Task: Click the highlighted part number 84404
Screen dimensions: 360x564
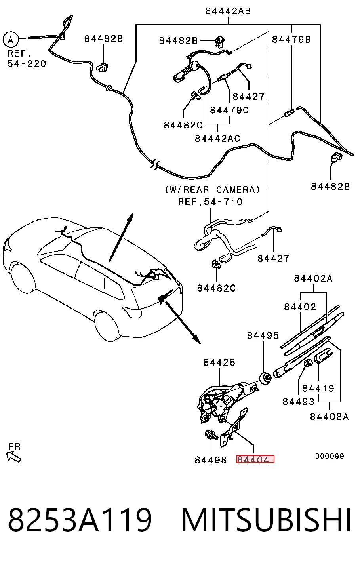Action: coord(255,459)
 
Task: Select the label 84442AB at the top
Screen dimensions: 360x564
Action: coord(228,11)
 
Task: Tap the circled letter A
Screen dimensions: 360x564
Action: coord(11,40)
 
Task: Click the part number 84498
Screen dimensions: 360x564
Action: coord(211,460)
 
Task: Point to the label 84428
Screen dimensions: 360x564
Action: coord(219,362)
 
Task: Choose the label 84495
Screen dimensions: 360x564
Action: coord(263,335)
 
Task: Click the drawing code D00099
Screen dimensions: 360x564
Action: coord(330,456)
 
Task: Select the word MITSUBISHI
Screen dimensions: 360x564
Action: coord(266,520)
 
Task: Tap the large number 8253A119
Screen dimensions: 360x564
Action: coord(80,520)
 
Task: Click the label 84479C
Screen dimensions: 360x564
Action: coord(229,110)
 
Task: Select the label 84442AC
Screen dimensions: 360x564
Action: coord(217,138)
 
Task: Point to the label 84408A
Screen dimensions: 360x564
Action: coord(329,417)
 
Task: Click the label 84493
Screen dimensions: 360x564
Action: coord(299,402)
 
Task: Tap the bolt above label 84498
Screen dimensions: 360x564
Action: coord(211,435)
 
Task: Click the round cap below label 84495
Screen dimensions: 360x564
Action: coord(265,378)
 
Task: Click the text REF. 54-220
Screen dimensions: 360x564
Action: coord(27,58)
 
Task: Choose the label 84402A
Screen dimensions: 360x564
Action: coord(313,278)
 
